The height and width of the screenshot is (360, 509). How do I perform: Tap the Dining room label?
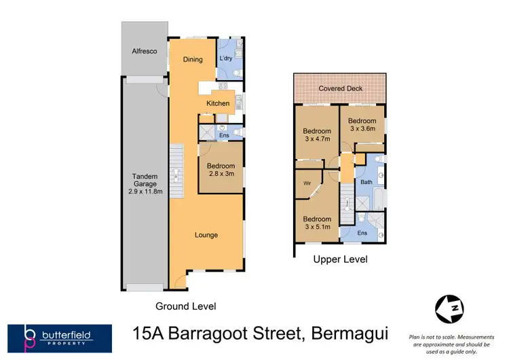193,59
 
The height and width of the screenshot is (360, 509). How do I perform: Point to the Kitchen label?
218,103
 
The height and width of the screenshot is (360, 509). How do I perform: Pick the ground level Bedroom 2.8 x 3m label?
221,170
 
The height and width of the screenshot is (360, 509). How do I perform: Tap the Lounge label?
206,235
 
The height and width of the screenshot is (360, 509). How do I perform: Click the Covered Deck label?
341,88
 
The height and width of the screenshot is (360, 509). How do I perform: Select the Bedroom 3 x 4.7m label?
317,135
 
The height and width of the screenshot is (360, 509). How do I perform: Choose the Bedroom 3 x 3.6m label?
362,124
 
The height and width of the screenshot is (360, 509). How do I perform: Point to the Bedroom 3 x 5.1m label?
317,223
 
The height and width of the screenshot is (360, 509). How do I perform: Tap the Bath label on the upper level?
366,182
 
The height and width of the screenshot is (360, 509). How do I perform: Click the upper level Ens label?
362,233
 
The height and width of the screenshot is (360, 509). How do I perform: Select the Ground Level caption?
186,306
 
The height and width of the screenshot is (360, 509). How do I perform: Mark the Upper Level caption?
340,259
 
